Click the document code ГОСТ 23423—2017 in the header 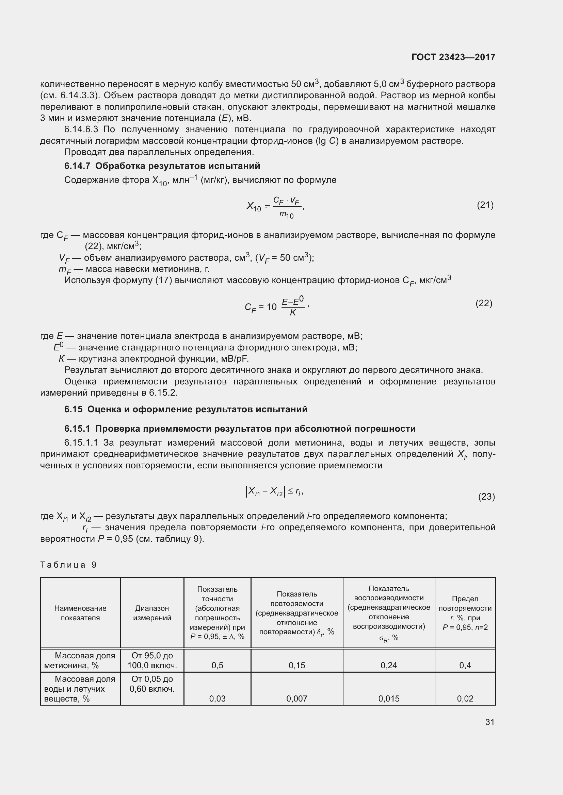click(453, 57)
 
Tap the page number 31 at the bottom click(489, 722)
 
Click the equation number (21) click(485, 205)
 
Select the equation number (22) click(484, 303)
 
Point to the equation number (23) click(486, 497)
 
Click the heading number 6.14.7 click(77, 166)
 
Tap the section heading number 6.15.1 click(77, 429)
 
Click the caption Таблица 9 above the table click(68, 565)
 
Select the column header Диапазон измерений click(152, 613)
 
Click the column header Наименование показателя click(80, 613)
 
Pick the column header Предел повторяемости click(465, 613)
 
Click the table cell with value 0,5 click(218, 665)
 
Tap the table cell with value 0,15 click(297, 665)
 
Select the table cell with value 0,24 click(389, 665)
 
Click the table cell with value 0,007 click(297, 698)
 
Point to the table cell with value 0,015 click(389, 698)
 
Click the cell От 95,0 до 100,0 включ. click(152, 660)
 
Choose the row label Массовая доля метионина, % click(80, 660)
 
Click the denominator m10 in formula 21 click(286, 215)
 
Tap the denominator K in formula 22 click(293, 313)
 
